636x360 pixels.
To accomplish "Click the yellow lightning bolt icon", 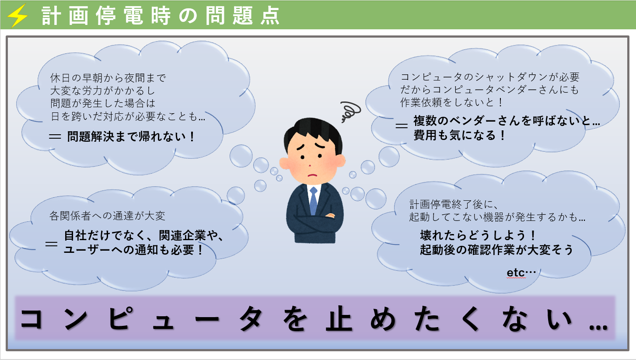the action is click(x=17, y=16).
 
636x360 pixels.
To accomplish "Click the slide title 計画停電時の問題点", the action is click(x=161, y=16).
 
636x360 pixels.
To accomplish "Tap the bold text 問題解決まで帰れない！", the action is click(x=131, y=136).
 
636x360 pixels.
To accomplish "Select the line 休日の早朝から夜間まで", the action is click(x=108, y=78).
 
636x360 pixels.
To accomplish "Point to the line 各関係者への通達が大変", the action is click(x=107, y=216).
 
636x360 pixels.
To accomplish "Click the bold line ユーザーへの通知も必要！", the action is click(x=133, y=250).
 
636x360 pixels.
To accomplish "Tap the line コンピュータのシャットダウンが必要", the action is click(x=490, y=77).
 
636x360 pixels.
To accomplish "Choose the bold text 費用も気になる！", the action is click(x=459, y=135).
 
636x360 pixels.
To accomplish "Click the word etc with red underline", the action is click(x=516, y=273).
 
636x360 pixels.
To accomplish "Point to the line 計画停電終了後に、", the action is click(x=454, y=204).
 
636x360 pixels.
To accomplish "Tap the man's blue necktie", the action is click(x=313, y=200).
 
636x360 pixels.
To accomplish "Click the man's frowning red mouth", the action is click(x=312, y=175).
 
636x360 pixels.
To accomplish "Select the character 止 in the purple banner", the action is click(x=339, y=319).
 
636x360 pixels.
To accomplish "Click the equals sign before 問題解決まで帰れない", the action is click(x=55, y=137).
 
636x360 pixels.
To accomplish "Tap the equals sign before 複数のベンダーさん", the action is click(x=402, y=126).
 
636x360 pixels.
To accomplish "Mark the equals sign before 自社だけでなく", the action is click(x=51, y=244).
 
